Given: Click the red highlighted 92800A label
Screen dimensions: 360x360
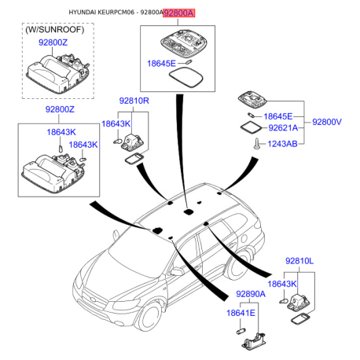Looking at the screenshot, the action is [179, 13].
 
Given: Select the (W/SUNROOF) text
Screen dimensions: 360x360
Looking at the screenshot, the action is [55, 30].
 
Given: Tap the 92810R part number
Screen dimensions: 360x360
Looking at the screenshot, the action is [134, 101].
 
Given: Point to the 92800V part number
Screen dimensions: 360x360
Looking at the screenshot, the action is [327, 122].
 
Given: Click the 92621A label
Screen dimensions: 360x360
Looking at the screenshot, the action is [283, 128].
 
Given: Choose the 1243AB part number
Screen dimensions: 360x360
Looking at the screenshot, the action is [283, 144].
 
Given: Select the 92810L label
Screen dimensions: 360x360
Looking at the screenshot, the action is [299, 261].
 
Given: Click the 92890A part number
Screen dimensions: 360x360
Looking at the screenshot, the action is [251, 294].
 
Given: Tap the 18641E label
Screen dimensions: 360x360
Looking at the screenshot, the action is [241, 313].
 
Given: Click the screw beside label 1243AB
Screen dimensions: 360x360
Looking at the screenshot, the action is [257, 144].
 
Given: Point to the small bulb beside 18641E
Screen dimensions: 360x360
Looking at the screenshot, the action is [241, 332].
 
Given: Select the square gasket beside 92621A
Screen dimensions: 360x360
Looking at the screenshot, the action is [251, 127].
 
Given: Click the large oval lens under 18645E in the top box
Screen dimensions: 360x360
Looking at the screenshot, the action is [186, 78].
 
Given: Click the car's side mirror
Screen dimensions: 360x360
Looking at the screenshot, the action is [178, 271].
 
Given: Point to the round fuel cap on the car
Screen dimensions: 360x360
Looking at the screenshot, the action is [244, 238].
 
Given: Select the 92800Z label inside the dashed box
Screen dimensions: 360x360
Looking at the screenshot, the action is [53, 42].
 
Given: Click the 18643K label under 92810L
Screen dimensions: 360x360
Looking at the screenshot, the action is [282, 284].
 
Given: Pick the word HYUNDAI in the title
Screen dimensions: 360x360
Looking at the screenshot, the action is [83, 13].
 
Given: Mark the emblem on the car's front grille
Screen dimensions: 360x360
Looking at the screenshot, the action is [94, 299].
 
